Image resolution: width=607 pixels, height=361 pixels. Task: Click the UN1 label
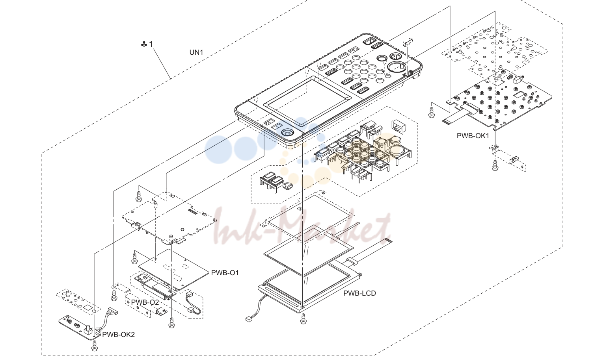pyautogui.click(x=196, y=52)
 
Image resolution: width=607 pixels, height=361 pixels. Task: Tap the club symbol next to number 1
pyautogui.click(x=144, y=44)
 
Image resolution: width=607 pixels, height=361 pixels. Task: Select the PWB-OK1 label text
pyautogui.click(x=473, y=136)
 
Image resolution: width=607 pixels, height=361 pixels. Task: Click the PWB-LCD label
pyautogui.click(x=359, y=293)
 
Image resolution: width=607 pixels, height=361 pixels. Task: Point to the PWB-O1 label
pyautogui.click(x=225, y=273)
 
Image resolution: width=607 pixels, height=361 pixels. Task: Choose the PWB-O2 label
pyautogui.click(x=145, y=302)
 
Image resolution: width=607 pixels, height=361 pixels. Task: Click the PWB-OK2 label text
pyautogui.click(x=118, y=335)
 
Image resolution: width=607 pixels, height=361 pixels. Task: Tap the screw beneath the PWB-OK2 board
pyautogui.click(x=95, y=346)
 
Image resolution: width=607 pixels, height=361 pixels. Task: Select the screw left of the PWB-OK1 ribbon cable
pyautogui.click(x=431, y=112)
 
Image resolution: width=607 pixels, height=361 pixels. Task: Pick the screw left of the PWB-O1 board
pyautogui.click(x=134, y=258)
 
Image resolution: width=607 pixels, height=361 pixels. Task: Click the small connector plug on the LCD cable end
pyautogui.click(x=248, y=319)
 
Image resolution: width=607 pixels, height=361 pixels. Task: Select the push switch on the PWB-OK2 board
pyautogui.click(x=88, y=330)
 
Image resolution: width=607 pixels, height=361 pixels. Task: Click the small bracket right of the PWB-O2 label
pyautogui.click(x=162, y=313)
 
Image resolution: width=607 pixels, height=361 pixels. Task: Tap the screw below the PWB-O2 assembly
pyautogui.click(x=171, y=322)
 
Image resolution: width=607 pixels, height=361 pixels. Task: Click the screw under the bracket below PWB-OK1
pyautogui.click(x=495, y=165)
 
